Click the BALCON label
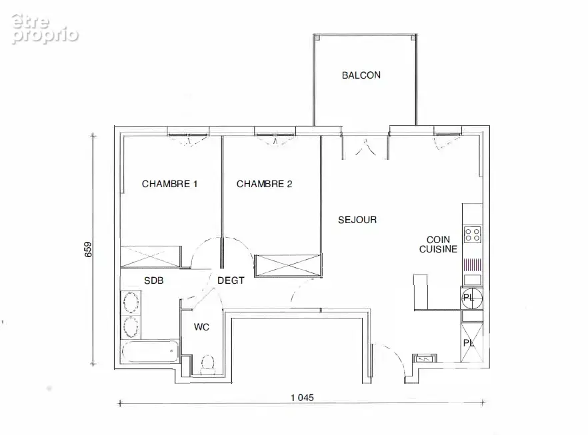(361, 75)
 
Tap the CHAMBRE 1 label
(169, 184)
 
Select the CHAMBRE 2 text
(264, 184)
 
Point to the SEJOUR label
(357, 220)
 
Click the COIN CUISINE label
(438, 244)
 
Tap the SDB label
(154, 280)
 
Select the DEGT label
(231, 280)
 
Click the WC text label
(201, 327)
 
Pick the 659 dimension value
(88, 250)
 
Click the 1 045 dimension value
(302, 398)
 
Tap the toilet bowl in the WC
(207, 364)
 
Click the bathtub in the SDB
(151, 352)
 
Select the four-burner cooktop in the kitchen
(473, 235)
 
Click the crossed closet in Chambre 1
(151, 257)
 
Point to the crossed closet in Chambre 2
(288, 266)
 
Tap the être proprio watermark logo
(45, 29)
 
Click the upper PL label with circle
(471, 298)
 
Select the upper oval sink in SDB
(131, 302)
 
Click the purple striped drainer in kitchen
(473, 265)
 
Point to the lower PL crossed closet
(471, 343)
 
